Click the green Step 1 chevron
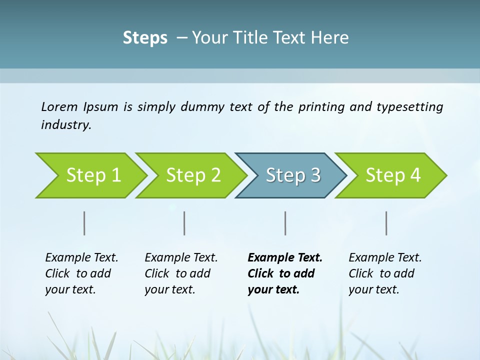tap(93, 175)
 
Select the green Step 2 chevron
tap(193, 175)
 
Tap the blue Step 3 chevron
tap(293, 175)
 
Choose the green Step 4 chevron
tap(393, 175)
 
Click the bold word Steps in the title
tap(145, 38)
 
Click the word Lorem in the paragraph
tap(59, 107)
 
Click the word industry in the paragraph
tap(66, 125)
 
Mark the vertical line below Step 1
tap(84, 223)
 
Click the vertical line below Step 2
tap(184, 223)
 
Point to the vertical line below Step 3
tap(285, 223)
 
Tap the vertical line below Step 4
tap(386, 223)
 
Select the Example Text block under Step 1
tap(81, 273)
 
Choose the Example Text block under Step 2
tap(180, 273)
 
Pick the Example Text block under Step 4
tap(384, 273)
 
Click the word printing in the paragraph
tap(322, 107)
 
